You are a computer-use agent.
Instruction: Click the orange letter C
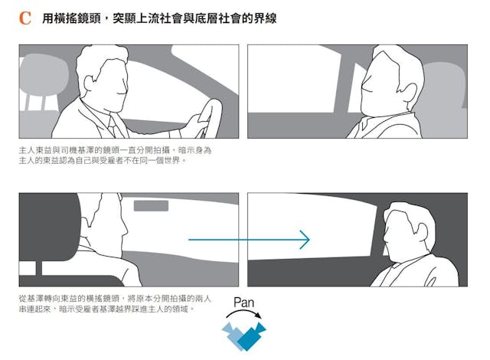tap(25, 18)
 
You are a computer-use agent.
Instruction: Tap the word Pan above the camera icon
tap(243, 303)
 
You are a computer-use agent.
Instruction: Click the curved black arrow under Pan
tap(244, 313)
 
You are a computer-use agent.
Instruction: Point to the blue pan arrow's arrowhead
tap(305, 240)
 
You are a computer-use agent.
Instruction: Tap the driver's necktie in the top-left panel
tap(113, 128)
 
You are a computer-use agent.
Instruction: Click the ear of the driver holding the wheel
tap(89, 83)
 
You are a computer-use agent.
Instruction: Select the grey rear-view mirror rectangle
tap(151, 205)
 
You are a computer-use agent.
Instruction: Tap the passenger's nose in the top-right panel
tap(364, 84)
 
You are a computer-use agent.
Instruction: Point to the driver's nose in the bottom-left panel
tap(125, 231)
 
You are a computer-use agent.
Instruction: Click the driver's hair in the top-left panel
tap(100, 57)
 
